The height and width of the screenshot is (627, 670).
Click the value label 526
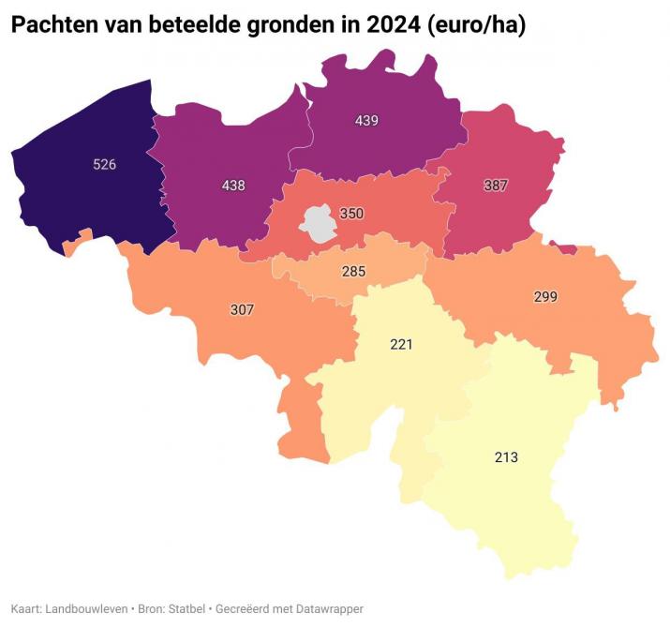(x=105, y=165)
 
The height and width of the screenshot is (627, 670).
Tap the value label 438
(x=233, y=186)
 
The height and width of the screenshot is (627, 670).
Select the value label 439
(x=366, y=120)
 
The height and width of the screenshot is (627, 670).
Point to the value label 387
(x=496, y=186)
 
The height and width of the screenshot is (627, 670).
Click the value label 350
(x=351, y=214)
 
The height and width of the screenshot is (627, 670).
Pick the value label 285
(x=352, y=273)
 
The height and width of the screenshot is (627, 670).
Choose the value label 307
(x=243, y=309)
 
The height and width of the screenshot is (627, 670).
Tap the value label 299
(x=546, y=296)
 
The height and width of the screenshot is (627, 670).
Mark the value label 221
(x=401, y=345)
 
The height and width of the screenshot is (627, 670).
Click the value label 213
(x=506, y=457)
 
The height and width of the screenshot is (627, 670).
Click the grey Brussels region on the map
(x=318, y=224)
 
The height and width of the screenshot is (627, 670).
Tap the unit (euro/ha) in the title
(x=474, y=25)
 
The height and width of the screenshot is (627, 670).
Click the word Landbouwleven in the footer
(x=87, y=608)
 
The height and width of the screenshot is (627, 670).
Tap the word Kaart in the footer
(x=26, y=608)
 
